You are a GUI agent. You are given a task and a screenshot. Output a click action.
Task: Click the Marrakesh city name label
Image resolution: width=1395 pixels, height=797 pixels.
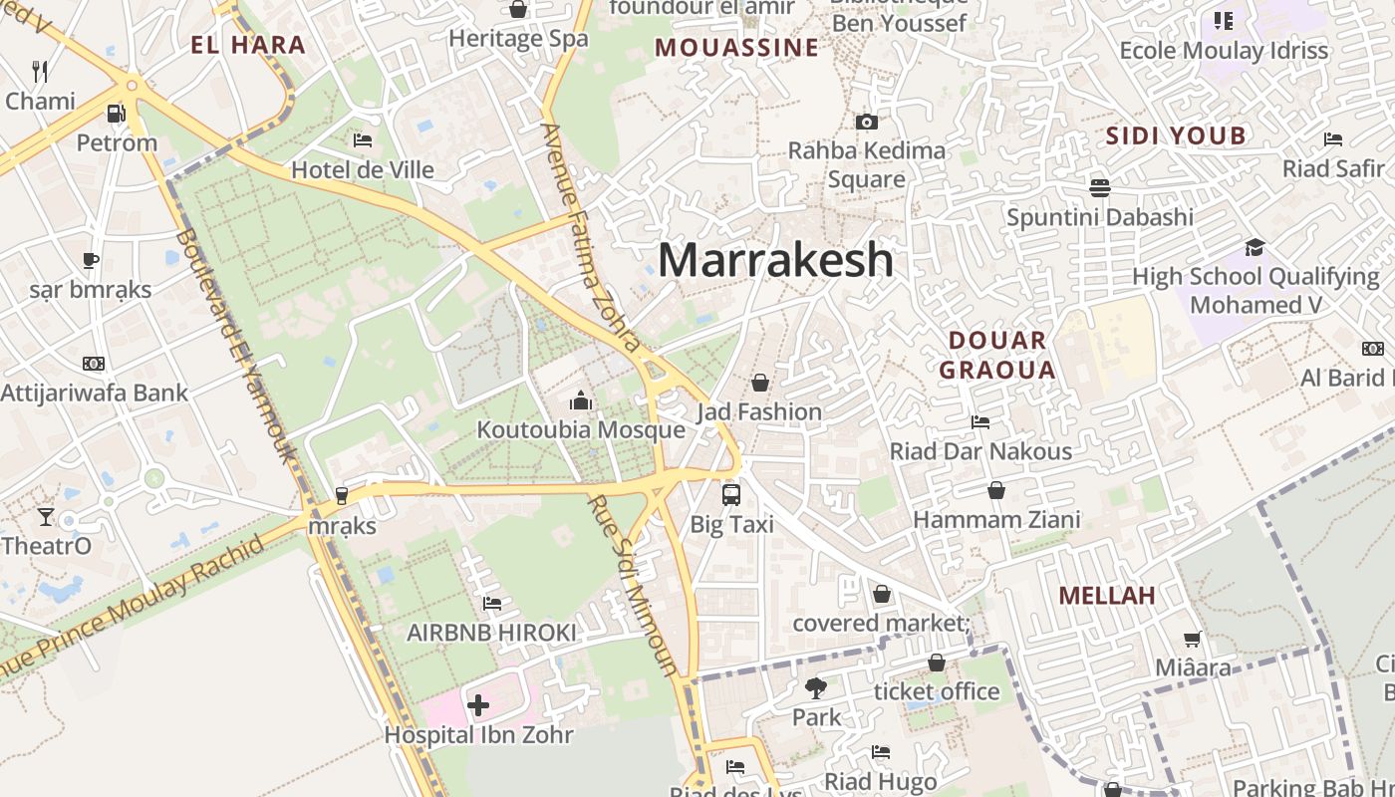click(x=775, y=261)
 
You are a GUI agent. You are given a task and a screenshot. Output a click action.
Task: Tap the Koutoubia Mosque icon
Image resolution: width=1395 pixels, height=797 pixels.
click(x=581, y=401)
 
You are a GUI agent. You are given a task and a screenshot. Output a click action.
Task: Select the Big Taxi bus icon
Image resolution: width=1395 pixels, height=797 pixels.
click(x=731, y=494)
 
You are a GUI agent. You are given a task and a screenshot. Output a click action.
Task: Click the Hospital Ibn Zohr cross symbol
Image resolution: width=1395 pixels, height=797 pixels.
click(x=478, y=706)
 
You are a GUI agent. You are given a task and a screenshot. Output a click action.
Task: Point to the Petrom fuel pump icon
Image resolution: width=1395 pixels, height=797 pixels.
click(x=117, y=114)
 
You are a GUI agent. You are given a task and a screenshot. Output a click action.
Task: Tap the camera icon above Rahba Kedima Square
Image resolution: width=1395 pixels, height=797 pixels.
click(x=867, y=122)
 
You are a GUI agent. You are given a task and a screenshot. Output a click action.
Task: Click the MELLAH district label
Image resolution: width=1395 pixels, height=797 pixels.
click(x=1106, y=596)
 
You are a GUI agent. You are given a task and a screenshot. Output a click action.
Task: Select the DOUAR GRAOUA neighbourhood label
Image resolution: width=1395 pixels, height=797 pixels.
click(x=997, y=355)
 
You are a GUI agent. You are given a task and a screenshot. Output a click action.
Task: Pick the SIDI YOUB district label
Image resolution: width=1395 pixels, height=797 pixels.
click(x=1176, y=136)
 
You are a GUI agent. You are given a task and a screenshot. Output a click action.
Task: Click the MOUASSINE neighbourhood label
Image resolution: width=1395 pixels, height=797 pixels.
click(x=736, y=48)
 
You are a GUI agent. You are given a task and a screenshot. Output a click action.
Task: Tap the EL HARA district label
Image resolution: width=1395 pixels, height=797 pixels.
click(x=248, y=45)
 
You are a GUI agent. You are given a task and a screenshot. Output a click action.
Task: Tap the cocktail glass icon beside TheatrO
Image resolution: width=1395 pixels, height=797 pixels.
click(x=46, y=516)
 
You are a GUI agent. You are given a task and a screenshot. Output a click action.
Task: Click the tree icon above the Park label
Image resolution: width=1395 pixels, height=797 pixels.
click(x=816, y=687)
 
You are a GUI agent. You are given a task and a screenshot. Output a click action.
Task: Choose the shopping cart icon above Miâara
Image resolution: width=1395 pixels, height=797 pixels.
click(x=1192, y=639)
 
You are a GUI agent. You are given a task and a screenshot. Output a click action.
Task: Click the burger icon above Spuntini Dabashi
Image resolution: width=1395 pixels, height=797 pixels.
click(x=1100, y=187)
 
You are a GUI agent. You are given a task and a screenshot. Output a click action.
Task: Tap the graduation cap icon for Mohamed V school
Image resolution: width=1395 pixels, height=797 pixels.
click(x=1255, y=247)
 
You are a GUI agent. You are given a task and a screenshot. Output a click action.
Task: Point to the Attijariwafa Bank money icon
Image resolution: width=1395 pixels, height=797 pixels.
click(x=94, y=364)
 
